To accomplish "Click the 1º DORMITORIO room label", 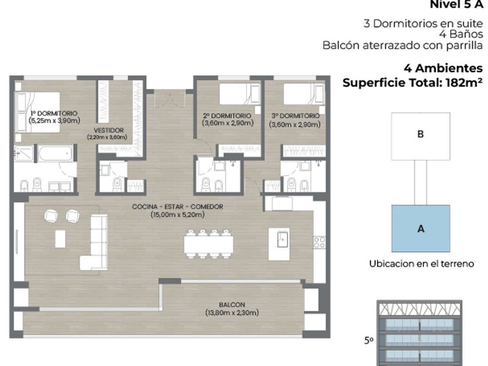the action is coord(54,113).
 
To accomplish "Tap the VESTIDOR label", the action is coord(109,130).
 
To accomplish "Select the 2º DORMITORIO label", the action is coord(227,116).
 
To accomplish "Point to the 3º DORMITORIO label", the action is coord(295,116).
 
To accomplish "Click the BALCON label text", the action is coord(232,304).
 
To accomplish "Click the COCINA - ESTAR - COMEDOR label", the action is coord(177,207).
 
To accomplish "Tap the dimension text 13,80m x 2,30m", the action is coord(232,313).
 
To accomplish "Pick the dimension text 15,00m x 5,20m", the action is coord(177,214).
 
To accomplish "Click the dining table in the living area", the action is coord(209,245).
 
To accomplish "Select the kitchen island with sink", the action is coord(279,244).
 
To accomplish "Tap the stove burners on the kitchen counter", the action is coord(319,242).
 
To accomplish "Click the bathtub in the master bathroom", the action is coord(56,153).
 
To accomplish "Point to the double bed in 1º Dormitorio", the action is coord(37,112).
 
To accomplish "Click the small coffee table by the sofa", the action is coord(60,239).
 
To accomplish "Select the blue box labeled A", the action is coord(421,228).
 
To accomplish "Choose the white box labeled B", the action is coord(421,137).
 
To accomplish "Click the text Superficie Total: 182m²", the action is coord(412,82).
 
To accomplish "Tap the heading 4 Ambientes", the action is coord(443,68).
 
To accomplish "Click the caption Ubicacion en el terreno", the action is coord(421,264).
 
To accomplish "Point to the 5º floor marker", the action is coord(369,340).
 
